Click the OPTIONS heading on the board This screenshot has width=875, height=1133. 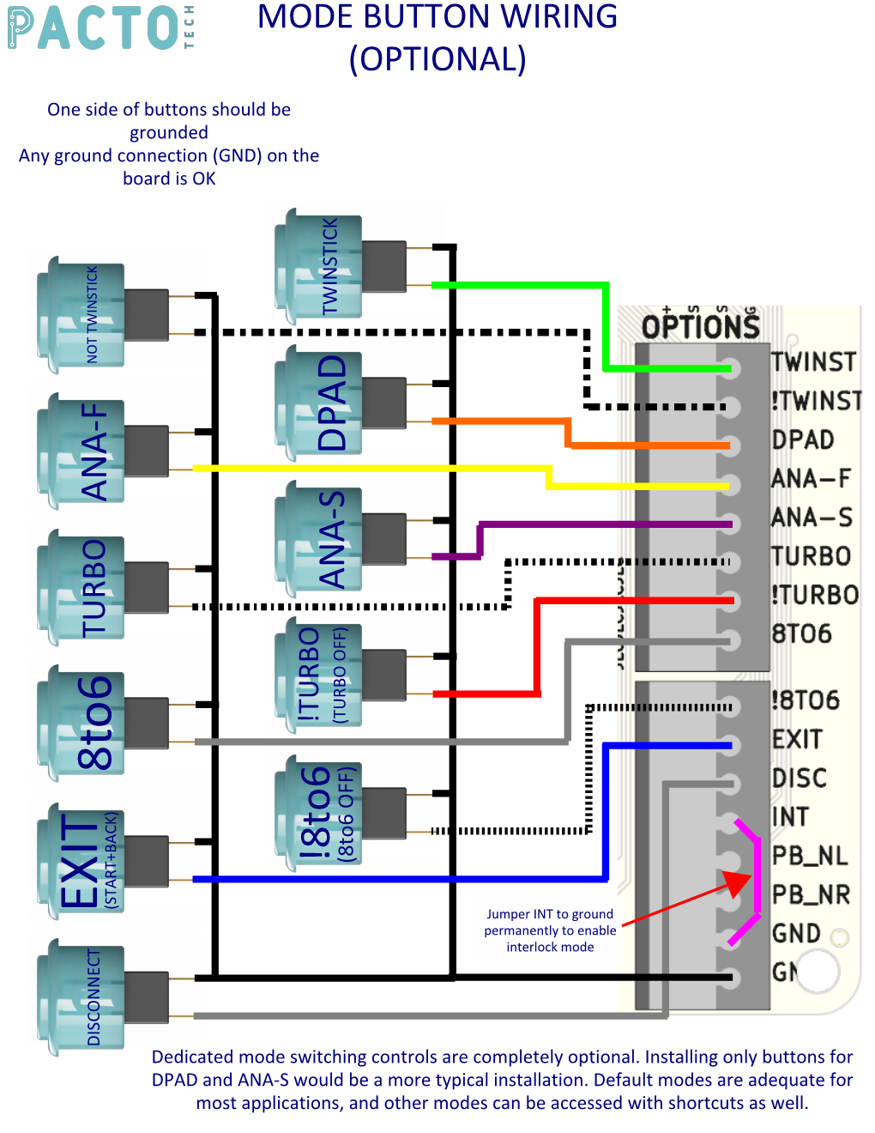(x=701, y=327)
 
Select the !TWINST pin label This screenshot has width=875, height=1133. (x=816, y=401)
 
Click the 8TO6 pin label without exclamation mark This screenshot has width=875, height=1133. (x=802, y=633)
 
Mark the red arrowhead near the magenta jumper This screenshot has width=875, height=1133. (x=737, y=883)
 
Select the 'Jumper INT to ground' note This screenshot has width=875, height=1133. (x=550, y=930)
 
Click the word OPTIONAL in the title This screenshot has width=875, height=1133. (x=437, y=59)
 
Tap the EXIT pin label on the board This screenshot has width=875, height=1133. (x=797, y=739)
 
